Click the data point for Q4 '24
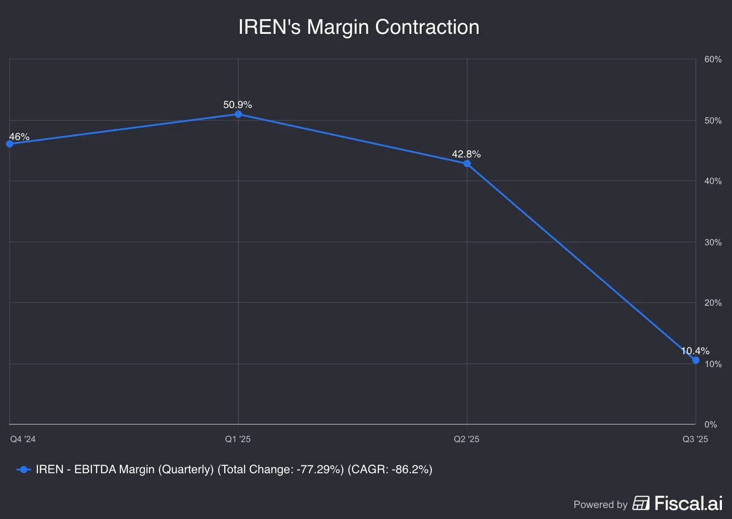(10, 144)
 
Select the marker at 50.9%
(238, 114)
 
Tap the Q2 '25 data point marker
(467, 163)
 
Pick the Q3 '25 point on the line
(696, 360)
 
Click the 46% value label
(19, 136)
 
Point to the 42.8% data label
(466, 154)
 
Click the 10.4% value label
(695, 351)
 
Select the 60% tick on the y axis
(713, 59)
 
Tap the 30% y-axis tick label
(713, 242)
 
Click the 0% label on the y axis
(710, 424)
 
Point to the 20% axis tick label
(713, 303)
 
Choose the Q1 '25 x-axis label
(238, 439)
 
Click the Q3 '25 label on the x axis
(695, 439)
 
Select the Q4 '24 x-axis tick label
(23, 439)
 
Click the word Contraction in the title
(427, 27)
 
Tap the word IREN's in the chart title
(269, 27)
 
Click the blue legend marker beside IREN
(23, 470)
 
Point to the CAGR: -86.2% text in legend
(390, 470)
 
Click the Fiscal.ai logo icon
(641, 503)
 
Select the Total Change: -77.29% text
(280, 470)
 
